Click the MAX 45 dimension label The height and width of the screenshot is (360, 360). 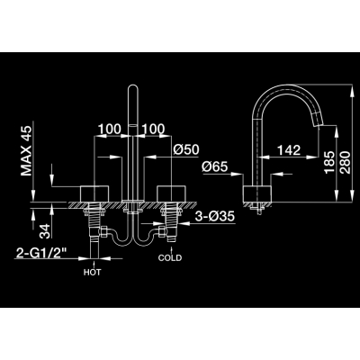point(26,151)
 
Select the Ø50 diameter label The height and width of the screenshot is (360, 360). point(186,149)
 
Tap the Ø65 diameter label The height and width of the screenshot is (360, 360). point(215,166)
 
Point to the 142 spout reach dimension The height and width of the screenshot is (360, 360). point(288,150)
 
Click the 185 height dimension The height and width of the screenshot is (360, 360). point(329,162)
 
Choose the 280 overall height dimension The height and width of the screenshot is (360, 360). point(346,162)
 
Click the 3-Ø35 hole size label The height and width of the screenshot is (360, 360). point(215,216)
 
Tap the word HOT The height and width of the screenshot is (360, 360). point(93,273)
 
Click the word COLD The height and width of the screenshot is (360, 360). point(170,257)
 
